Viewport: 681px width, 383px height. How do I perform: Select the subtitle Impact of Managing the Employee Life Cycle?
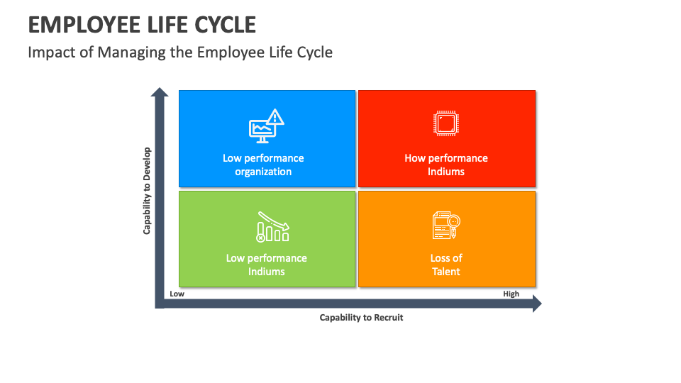point(180,52)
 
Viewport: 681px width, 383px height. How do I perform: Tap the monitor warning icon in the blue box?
point(266,126)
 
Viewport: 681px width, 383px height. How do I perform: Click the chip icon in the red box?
point(445,124)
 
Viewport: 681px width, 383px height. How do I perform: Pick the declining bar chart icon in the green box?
point(272,226)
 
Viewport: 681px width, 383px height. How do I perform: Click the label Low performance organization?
point(263,165)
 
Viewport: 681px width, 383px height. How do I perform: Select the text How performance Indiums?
point(446,165)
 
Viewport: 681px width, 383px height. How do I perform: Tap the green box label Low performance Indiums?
point(266,265)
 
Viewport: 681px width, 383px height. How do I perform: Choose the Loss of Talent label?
point(446,265)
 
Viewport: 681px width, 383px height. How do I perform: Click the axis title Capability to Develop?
point(148,191)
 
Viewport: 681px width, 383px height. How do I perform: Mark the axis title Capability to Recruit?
point(361,318)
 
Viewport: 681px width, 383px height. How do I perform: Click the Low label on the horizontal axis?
point(177,294)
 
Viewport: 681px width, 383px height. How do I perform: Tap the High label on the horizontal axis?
point(511,294)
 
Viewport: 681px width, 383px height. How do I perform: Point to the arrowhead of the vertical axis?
point(160,92)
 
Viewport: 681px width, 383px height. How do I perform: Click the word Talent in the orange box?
point(446,272)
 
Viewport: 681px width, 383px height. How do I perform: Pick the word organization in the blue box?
point(263,172)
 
